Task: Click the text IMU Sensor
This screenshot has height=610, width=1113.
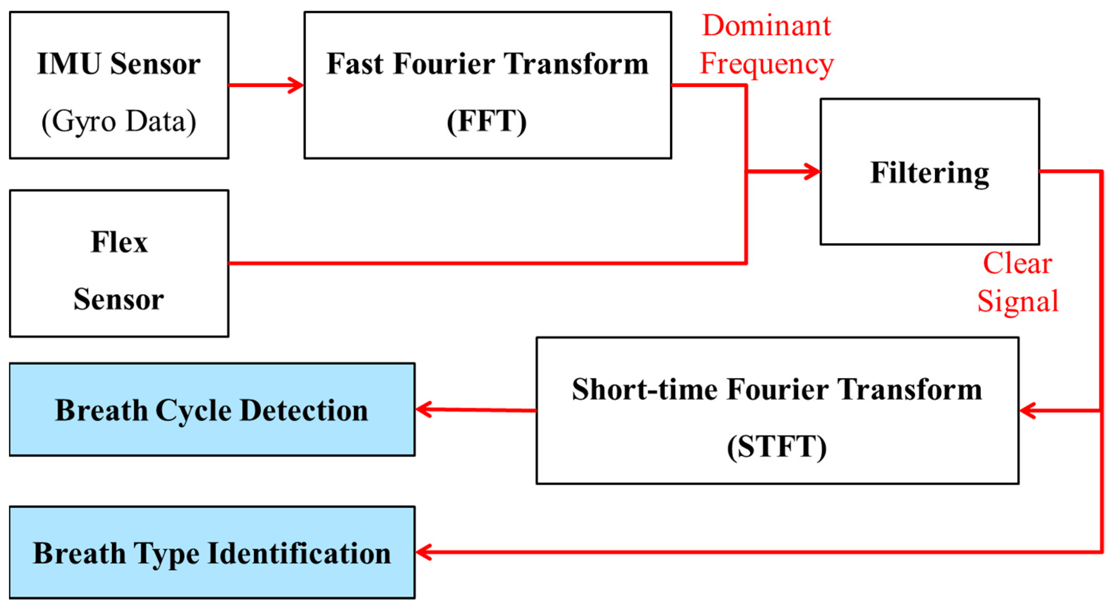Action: [119, 64]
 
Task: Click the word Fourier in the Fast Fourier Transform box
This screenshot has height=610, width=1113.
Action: [445, 64]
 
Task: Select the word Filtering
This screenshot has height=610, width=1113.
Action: [929, 172]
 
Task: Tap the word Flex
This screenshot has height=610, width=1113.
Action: [119, 242]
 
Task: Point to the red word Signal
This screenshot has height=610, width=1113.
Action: [1018, 301]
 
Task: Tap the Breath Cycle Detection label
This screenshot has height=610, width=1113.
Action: [212, 410]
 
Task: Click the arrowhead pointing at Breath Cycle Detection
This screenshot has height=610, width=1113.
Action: [423, 409]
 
